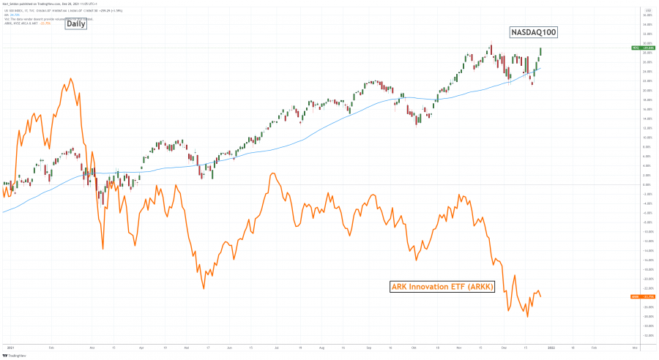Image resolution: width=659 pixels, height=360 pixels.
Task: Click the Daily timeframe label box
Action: coord(75,23)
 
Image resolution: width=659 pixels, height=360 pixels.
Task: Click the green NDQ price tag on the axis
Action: coord(637,48)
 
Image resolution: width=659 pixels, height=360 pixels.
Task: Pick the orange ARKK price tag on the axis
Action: coord(637,296)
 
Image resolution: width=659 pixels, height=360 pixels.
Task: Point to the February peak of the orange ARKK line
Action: coord(70,78)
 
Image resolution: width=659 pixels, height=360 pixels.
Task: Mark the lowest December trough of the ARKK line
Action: coord(527,317)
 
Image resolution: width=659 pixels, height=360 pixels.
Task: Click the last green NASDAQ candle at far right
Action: coord(541,51)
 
